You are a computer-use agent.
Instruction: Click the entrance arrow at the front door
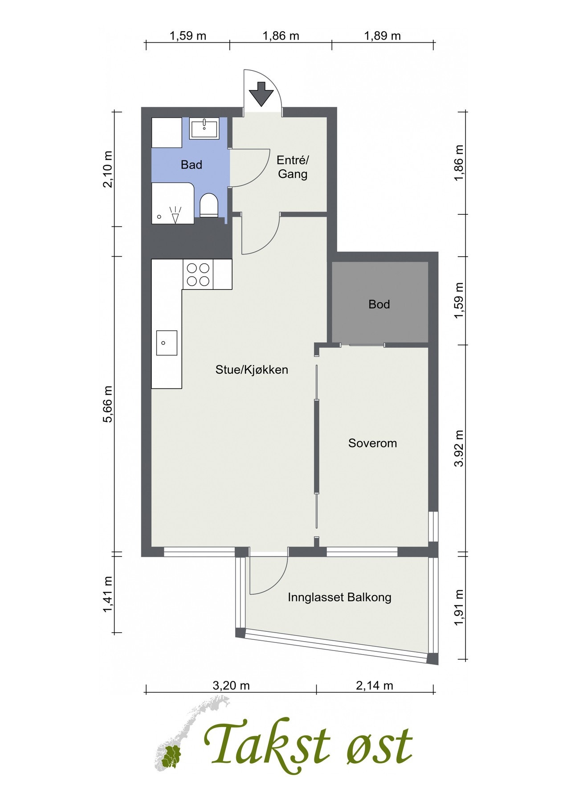tap(261, 94)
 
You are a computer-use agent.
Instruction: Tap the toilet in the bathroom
tap(208, 205)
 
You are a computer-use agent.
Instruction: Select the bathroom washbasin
tap(204, 128)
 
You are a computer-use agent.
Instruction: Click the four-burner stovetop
tap(198, 274)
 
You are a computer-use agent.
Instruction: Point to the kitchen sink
tap(167, 343)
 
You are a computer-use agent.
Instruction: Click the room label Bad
tap(192, 165)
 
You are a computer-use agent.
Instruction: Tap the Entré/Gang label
tap(293, 167)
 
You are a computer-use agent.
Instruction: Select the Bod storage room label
tap(379, 304)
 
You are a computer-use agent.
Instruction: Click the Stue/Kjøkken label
tap(252, 369)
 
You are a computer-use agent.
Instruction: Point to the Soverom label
tap(372, 443)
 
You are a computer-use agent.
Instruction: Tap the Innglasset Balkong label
tap(339, 597)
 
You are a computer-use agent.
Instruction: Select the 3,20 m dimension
tap(231, 685)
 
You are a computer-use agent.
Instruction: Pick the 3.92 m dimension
tap(459, 448)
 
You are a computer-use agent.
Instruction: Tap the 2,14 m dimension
tap(375, 685)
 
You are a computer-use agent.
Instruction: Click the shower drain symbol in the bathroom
tap(159, 217)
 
